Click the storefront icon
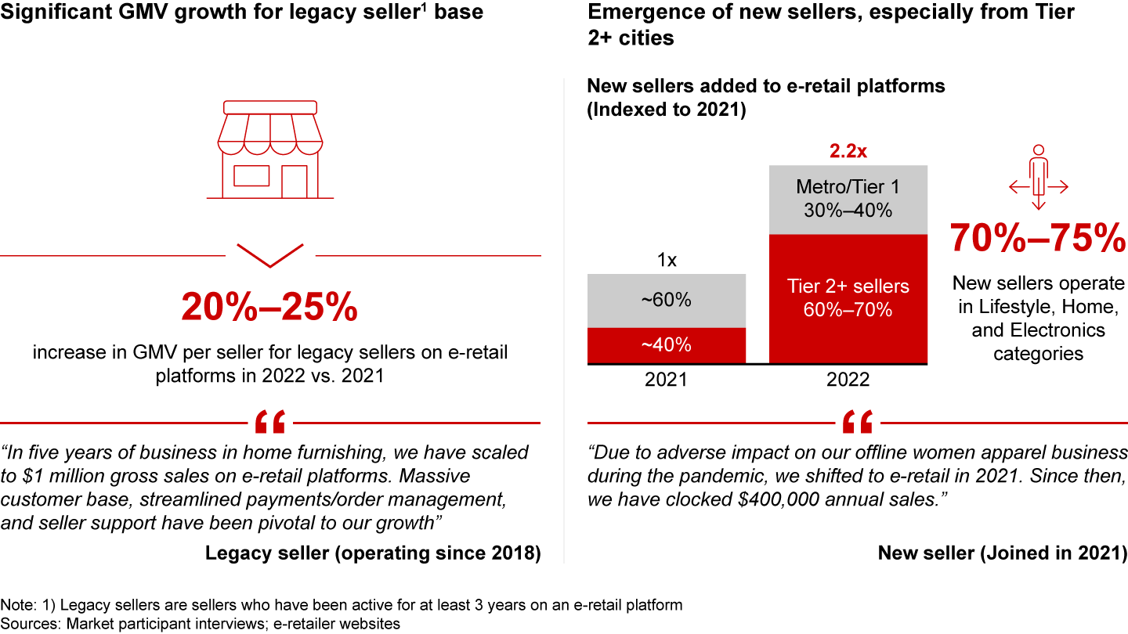click(x=269, y=149)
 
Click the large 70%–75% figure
click(x=1038, y=238)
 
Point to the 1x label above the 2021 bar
click(x=666, y=261)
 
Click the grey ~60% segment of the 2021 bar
click(x=666, y=301)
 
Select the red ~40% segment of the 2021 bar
click(x=666, y=345)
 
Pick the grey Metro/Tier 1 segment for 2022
click(x=848, y=199)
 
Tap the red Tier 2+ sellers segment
click(x=848, y=298)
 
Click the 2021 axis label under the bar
click(x=666, y=380)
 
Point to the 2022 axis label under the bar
click(x=848, y=380)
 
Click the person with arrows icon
click(x=1039, y=177)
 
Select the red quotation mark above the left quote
click(x=269, y=423)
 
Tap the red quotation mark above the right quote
click(x=857, y=423)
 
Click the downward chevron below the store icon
click(x=269, y=255)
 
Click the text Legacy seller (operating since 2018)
click(x=373, y=553)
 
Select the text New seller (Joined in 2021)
click(x=1002, y=553)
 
